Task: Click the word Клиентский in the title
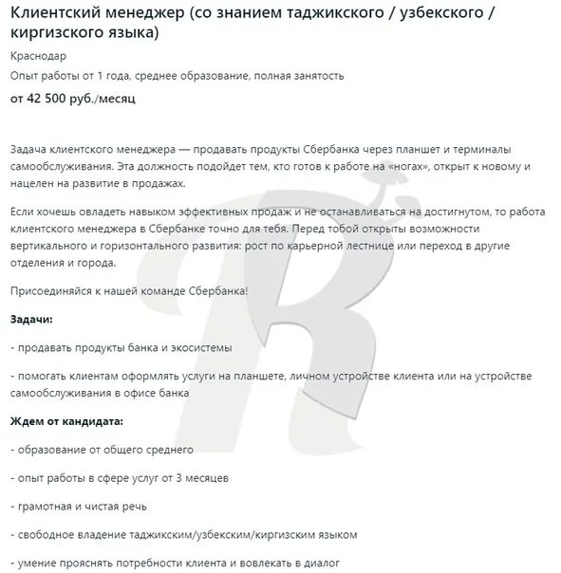coord(53,14)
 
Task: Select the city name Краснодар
coord(39,56)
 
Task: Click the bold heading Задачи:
coord(31,320)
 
